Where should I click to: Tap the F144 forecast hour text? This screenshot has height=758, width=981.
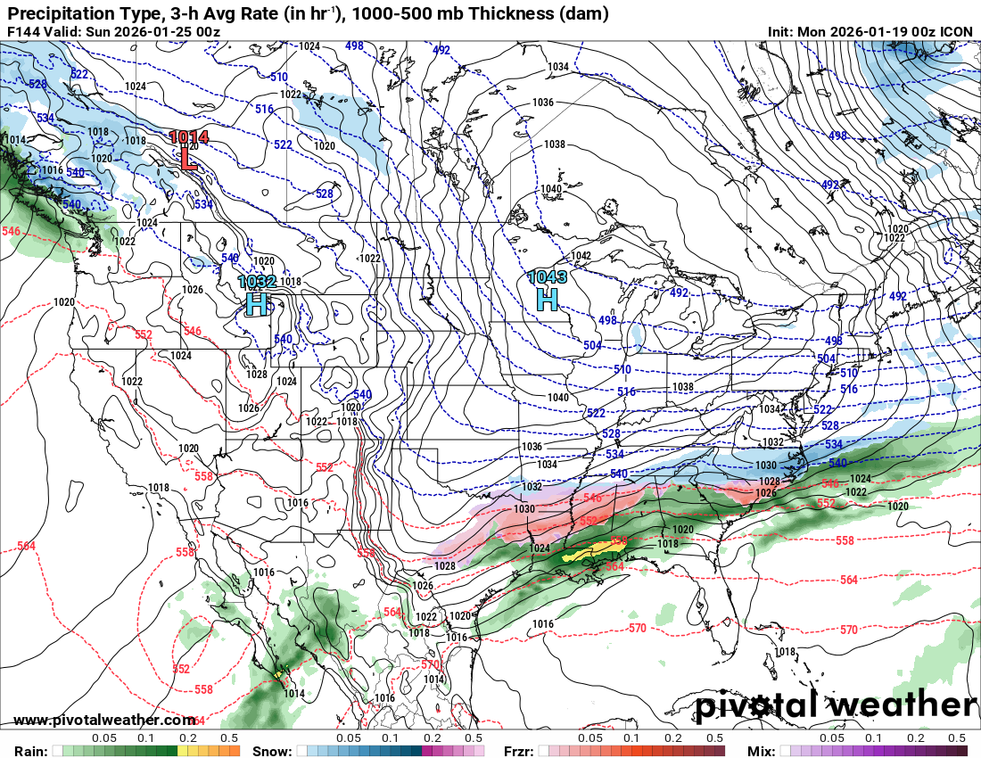coord(23,32)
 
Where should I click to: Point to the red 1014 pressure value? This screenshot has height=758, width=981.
coord(189,137)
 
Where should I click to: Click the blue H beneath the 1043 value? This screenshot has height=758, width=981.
coord(547,300)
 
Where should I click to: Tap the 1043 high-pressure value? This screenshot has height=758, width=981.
coord(547,277)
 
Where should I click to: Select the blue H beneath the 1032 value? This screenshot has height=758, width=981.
coord(256,305)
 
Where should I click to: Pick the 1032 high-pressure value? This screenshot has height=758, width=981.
coord(256,283)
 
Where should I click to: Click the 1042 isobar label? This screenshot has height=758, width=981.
coord(581,256)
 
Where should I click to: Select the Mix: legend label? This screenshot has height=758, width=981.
coord(760,751)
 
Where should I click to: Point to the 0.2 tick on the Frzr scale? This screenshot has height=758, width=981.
coord(672,738)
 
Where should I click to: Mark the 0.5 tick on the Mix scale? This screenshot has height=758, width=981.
coord(957,738)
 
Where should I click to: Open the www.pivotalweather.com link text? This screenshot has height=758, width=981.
coord(105,720)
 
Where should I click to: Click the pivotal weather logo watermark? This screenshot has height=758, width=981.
coord(836,705)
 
